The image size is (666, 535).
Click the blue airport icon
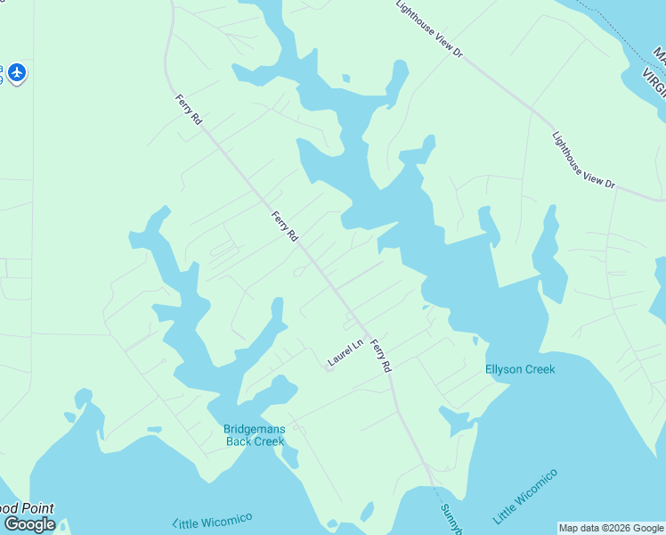point(17,72)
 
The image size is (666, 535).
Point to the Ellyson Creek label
point(520,369)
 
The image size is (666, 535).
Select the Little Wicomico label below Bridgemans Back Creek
point(214,520)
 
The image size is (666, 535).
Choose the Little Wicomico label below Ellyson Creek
point(524,496)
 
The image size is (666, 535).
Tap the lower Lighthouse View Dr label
point(583,160)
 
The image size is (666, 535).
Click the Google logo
point(29,524)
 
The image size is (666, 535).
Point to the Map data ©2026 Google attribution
point(612,528)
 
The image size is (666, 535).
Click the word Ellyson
point(503,369)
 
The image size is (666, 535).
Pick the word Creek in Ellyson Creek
point(539,369)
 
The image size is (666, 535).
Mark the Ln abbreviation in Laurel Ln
point(358,344)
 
